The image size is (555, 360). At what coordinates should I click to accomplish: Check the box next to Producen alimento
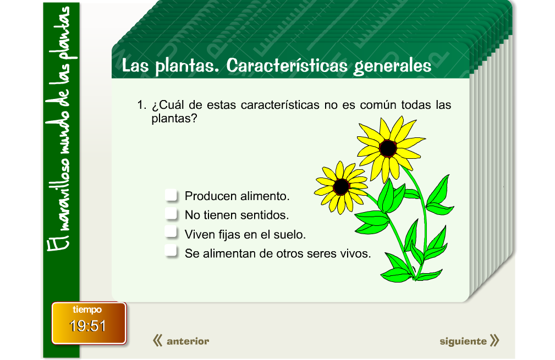[172, 196]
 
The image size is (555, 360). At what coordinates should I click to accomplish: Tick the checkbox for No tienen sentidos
[172, 214]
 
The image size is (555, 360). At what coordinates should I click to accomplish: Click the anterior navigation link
[188, 341]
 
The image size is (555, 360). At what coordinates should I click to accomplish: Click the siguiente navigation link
[463, 341]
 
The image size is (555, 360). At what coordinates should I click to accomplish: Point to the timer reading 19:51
[88, 326]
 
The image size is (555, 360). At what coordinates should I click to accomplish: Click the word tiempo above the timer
[87, 310]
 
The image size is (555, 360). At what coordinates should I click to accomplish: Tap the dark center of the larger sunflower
[388, 148]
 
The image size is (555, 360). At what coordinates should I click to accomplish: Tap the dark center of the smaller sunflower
[341, 187]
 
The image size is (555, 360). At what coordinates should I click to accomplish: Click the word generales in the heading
[392, 66]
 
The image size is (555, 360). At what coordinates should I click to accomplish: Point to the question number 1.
[141, 105]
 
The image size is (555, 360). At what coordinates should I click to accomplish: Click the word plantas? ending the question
[174, 118]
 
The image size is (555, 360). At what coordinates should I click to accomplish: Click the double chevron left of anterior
[157, 341]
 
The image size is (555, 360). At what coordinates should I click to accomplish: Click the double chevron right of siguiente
[494, 341]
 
